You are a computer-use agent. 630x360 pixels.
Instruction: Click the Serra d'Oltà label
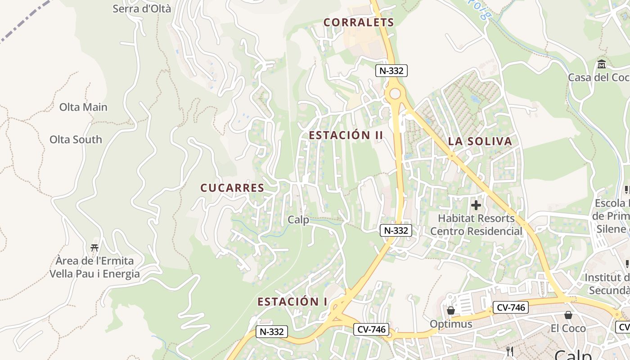tap(142, 8)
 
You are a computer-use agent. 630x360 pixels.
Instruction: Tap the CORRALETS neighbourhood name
tap(359, 22)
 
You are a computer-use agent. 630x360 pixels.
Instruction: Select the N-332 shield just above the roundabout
tap(391, 71)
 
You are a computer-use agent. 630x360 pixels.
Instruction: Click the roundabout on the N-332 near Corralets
tap(395, 94)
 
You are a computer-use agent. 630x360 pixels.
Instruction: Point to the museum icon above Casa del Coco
tap(602, 64)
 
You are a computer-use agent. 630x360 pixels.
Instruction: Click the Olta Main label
tap(83, 107)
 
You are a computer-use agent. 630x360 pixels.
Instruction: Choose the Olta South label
tap(76, 139)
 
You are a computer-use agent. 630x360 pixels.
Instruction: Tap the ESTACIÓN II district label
tap(346, 135)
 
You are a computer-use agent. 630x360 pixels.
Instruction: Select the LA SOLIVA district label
tap(480, 141)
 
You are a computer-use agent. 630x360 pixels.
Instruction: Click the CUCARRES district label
tap(232, 188)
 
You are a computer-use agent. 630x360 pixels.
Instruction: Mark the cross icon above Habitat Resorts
tap(476, 206)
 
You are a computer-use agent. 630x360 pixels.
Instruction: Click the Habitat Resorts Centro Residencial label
tap(476, 225)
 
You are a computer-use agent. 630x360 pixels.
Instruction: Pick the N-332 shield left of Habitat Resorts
tap(396, 230)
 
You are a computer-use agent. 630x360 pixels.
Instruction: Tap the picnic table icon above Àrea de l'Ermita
tap(94, 247)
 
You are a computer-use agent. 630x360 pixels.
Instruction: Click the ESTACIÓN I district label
tap(292, 301)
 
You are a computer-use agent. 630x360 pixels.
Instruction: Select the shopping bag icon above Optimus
tap(450, 310)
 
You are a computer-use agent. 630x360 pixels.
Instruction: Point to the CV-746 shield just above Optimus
tap(510, 308)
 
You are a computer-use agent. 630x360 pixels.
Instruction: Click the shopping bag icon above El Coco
tap(568, 315)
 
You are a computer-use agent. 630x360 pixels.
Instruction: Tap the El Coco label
tap(568, 328)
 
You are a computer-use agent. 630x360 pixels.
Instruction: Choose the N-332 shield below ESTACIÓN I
tap(272, 332)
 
